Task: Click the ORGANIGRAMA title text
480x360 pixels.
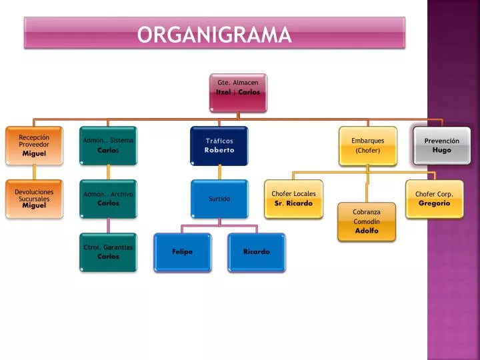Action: click(x=214, y=34)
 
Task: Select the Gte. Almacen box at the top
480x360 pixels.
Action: click(x=238, y=93)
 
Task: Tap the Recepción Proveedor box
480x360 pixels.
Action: click(x=34, y=146)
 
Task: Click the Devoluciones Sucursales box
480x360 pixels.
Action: click(x=34, y=199)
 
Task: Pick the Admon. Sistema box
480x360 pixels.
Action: click(x=109, y=146)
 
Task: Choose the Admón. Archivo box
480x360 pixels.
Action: click(x=109, y=199)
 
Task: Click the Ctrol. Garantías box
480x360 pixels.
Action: click(x=109, y=252)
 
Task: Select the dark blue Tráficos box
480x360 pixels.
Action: click(x=219, y=146)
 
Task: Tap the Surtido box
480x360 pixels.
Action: click(x=219, y=199)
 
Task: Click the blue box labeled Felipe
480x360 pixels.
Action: click(x=183, y=253)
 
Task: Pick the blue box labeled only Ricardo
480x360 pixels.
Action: click(x=257, y=253)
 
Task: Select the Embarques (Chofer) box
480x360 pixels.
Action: click(x=368, y=146)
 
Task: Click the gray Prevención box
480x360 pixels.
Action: click(x=442, y=146)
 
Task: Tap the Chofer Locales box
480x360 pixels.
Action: click(x=293, y=199)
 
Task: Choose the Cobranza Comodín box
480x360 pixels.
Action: click(x=367, y=221)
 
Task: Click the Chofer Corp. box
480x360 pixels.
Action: click(x=435, y=199)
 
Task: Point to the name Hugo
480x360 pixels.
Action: click(x=442, y=150)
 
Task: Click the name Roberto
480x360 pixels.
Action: click(x=219, y=150)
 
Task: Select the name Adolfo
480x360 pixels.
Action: click(x=367, y=231)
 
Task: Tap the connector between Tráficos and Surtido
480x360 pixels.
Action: click(x=219, y=173)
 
